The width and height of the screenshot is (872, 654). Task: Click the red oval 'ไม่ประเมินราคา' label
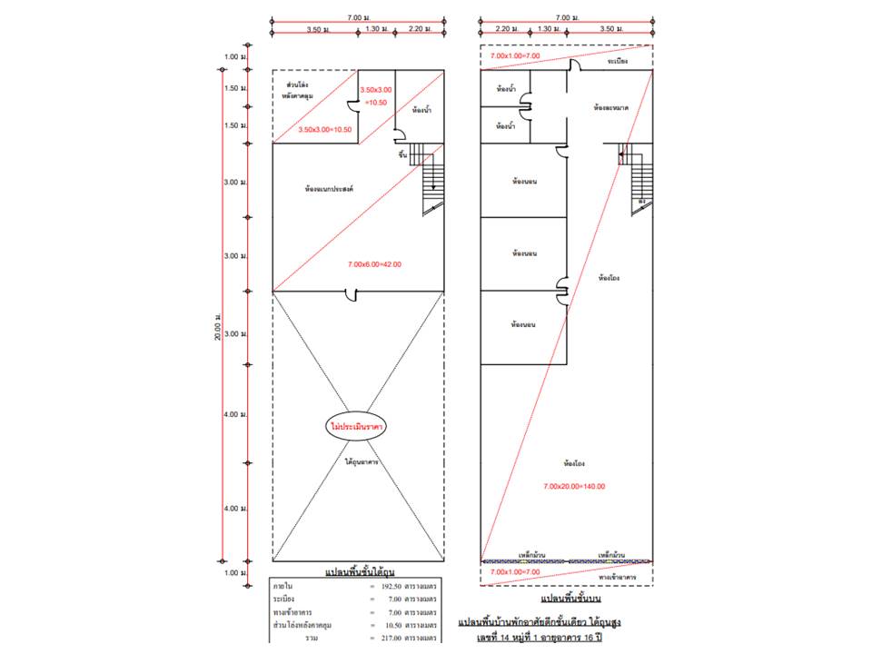358,427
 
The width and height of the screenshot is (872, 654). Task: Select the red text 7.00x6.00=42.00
374,264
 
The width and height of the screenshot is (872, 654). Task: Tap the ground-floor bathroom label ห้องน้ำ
421,111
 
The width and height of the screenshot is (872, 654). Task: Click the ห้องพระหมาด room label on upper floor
610,107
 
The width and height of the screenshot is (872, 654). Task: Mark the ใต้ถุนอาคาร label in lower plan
362,461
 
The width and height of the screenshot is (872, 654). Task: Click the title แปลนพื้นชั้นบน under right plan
570,599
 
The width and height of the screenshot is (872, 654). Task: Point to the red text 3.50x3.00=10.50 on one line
325,131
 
